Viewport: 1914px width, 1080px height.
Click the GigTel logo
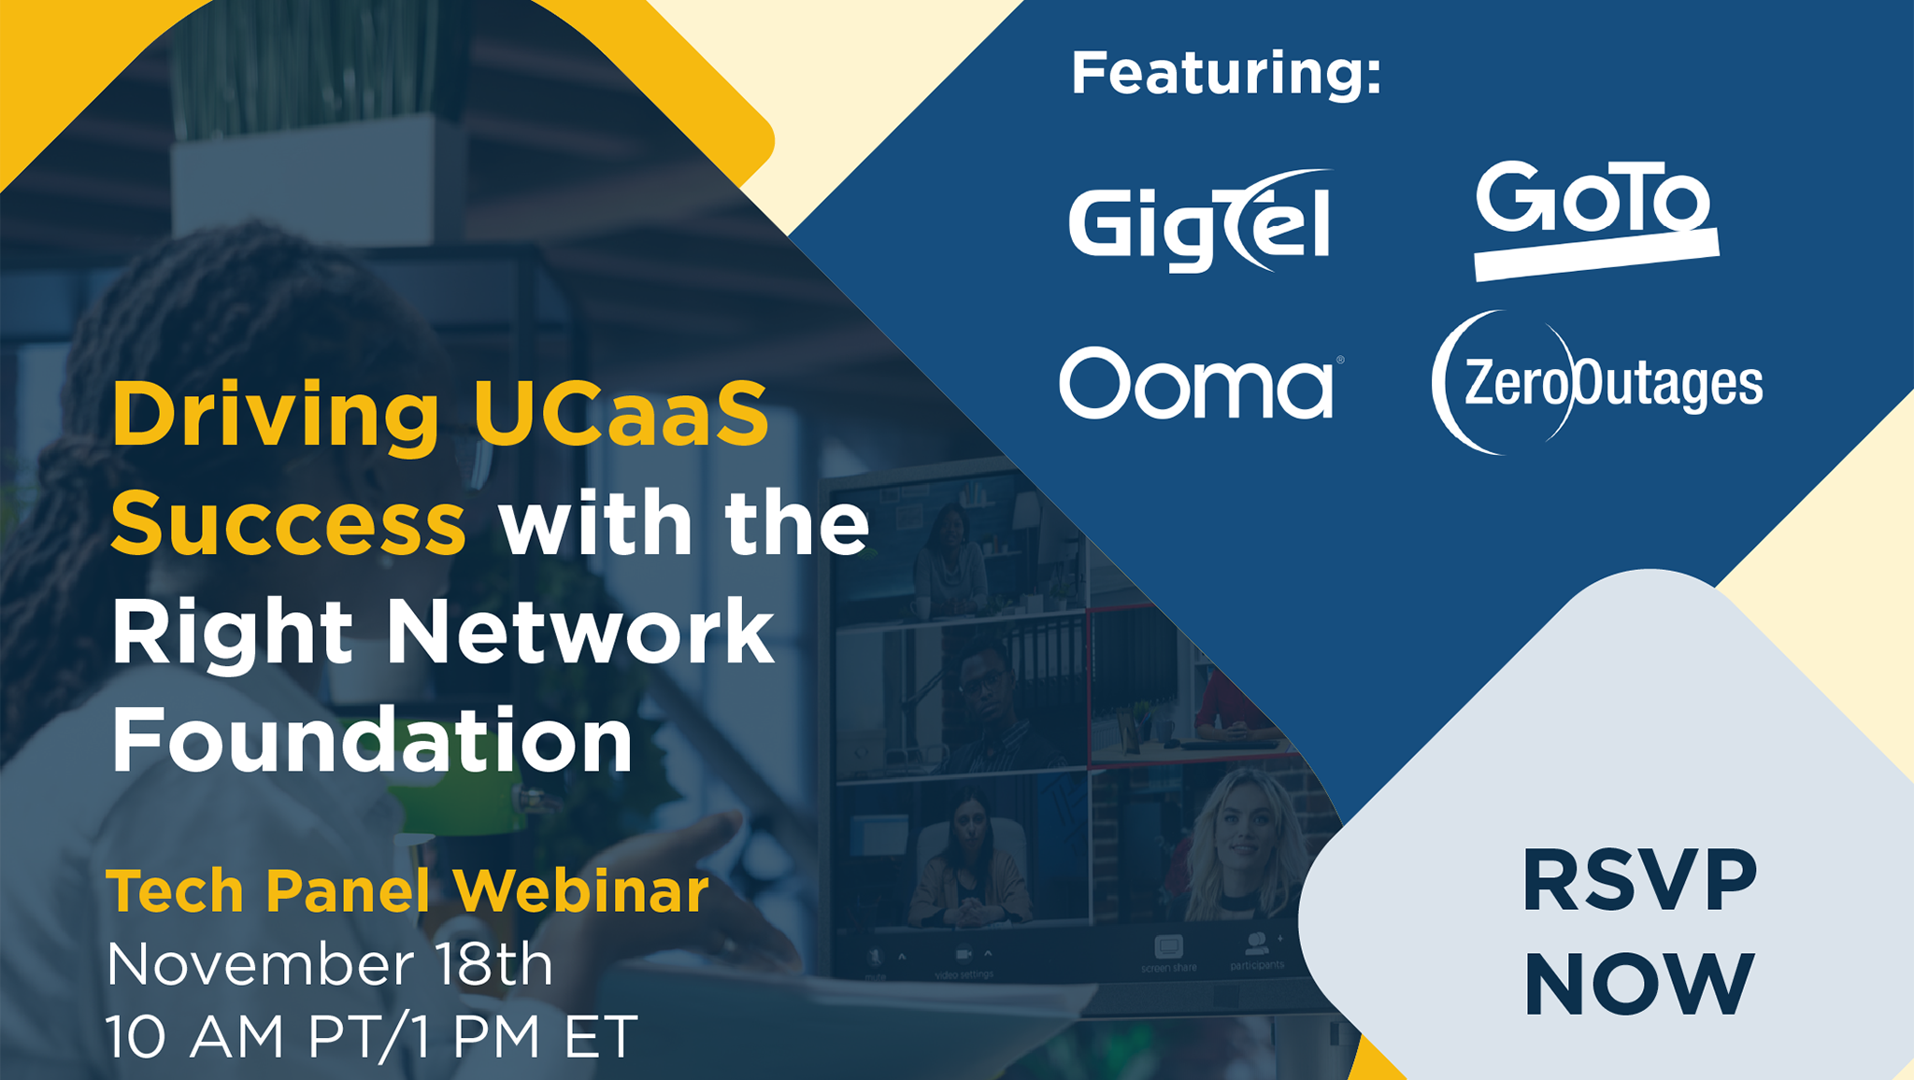(x=1199, y=222)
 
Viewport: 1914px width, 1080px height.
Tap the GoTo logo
(x=1594, y=217)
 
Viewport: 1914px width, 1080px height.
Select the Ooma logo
(x=1197, y=383)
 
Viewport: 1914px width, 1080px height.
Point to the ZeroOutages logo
(x=1596, y=383)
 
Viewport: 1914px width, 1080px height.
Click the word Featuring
(x=1224, y=73)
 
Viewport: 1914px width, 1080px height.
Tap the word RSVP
(x=1639, y=881)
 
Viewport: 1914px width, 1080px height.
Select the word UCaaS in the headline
(x=621, y=414)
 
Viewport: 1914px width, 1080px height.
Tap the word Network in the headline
(x=579, y=632)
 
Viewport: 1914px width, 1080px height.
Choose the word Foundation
(x=372, y=740)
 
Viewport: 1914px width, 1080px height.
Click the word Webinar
(x=580, y=890)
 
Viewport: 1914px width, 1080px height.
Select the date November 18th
(x=329, y=963)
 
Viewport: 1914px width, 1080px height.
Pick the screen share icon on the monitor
(x=1168, y=948)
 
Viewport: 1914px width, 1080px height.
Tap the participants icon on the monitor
(x=1257, y=945)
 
